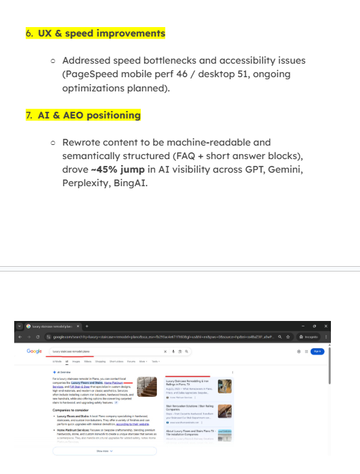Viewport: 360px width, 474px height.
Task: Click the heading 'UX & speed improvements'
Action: (x=99, y=33)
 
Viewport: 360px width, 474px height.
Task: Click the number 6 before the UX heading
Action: (x=28, y=33)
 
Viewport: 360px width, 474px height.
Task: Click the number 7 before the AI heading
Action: (x=28, y=115)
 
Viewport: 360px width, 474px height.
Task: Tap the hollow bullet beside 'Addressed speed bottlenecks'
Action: (x=53, y=61)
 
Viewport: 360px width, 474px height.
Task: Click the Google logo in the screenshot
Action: (x=35, y=351)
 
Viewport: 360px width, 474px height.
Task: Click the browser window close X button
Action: (x=325, y=326)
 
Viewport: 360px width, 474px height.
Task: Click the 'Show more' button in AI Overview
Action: (x=103, y=450)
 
